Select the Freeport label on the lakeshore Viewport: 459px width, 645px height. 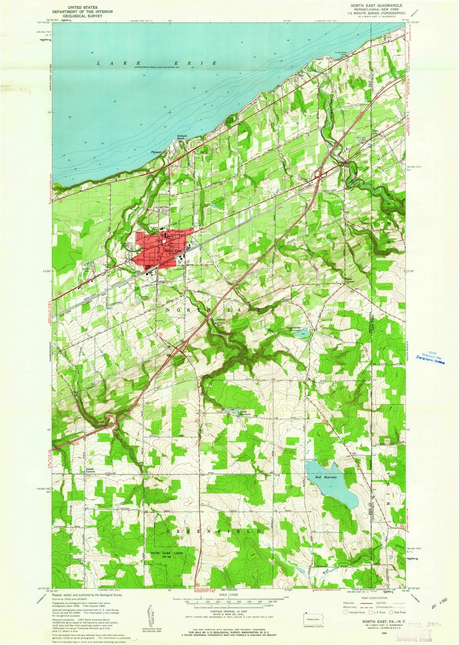coord(156,152)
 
